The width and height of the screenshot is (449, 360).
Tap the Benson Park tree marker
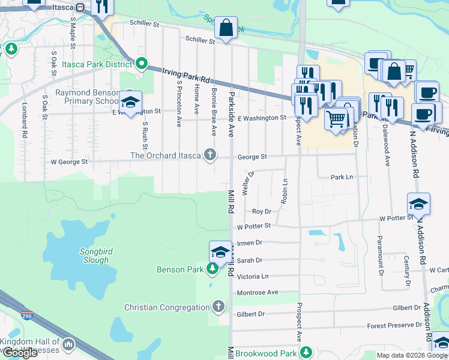pyautogui.click(x=212, y=270)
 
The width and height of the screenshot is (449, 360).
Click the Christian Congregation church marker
pyautogui.click(x=218, y=307)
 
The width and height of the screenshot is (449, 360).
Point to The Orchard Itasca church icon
pyautogui.click(x=210, y=155)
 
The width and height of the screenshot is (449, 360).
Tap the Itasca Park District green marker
pyautogui.click(x=142, y=63)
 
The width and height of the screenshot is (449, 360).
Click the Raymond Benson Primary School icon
pyautogui.click(x=130, y=101)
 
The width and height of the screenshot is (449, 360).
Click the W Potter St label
pyautogui.click(x=254, y=227)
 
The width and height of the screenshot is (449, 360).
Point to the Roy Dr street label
pyautogui.click(x=261, y=211)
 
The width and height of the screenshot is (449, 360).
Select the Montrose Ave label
pyautogui.click(x=258, y=292)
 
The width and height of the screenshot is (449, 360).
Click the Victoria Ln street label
pyautogui.click(x=253, y=277)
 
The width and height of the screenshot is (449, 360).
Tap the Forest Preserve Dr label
pyautogui.click(x=394, y=326)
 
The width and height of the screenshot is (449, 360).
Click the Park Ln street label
pyautogui.click(x=342, y=178)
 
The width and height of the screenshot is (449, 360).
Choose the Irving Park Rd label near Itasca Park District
pyautogui.click(x=187, y=75)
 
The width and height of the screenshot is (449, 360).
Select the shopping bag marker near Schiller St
pyautogui.click(x=226, y=28)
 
